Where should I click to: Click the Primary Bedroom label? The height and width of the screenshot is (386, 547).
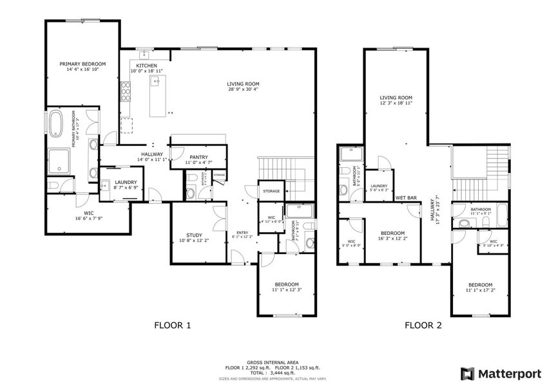click(x=82, y=64)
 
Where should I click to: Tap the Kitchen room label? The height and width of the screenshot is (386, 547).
click(x=146, y=65)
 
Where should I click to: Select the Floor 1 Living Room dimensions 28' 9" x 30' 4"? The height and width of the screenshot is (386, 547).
click(x=243, y=90)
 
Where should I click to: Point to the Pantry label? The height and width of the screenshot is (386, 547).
click(x=198, y=157)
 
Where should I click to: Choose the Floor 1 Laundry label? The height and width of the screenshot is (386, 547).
click(x=126, y=183)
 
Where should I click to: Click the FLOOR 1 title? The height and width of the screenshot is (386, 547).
click(x=172, y=325)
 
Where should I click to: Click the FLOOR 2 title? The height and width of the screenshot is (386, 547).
click(x=423, y=325)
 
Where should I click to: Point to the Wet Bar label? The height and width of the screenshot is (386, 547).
click(x=405, y=198)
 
